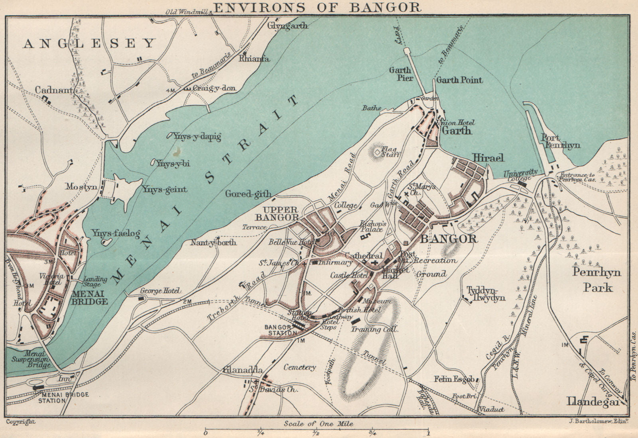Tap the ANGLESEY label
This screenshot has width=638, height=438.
(x=89, y=43)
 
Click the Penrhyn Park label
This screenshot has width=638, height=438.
(x=597, y=279)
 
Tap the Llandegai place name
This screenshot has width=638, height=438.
(x=593, y=402)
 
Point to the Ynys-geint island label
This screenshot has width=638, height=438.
(x=164, y=189)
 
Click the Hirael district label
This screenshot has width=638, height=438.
(x=488, y=158)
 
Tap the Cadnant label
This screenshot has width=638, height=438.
(x=53, y=90)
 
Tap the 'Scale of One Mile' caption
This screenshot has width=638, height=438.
(x=319, y=424)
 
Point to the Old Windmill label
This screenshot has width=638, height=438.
(x=187, y=12)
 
